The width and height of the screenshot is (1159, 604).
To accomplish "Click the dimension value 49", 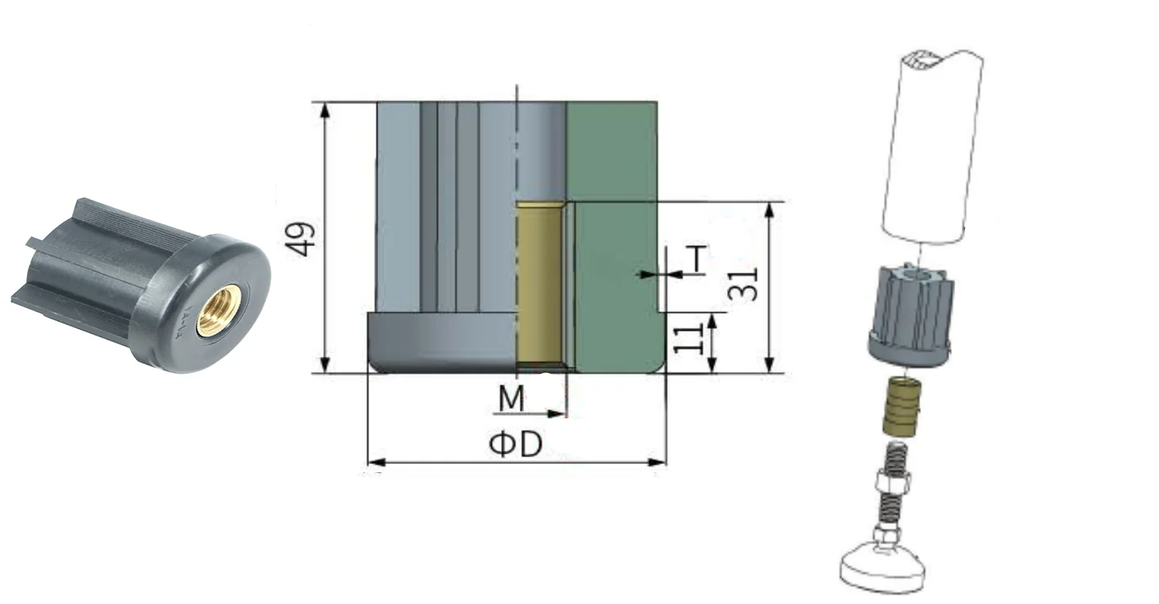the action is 300,240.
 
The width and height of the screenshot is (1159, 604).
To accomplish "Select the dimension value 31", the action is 743,285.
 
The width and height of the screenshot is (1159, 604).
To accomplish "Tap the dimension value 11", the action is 688,339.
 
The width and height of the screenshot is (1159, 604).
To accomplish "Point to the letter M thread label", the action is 512,399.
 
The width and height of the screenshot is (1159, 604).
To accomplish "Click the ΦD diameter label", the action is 516,444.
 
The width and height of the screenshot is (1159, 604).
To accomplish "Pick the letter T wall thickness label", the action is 697,259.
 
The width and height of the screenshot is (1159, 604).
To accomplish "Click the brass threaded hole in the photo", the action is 219,310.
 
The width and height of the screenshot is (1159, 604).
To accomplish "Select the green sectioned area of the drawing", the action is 616,237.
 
